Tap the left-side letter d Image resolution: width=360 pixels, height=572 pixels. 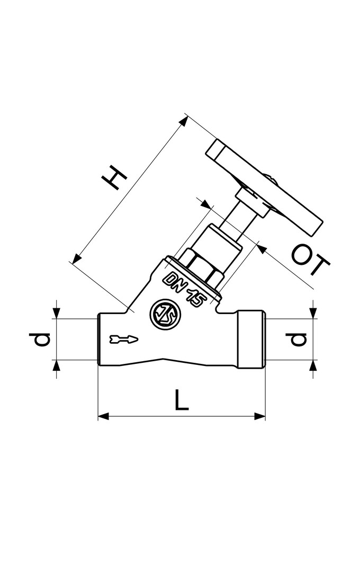[42, 339]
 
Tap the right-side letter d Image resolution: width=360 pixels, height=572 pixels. [299, 339]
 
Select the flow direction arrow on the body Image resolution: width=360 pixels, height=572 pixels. [124, 339]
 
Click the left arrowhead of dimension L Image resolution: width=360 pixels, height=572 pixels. [104, 416]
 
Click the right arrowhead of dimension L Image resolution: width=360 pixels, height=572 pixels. [259, 416]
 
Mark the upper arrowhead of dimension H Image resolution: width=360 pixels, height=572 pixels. [182, 121]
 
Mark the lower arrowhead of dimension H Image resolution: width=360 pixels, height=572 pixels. [76, 258]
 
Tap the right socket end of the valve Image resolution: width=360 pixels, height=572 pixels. [250, 339]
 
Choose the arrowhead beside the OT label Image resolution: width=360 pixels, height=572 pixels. [262, 249]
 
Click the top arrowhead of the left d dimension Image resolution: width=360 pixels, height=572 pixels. [56, 312]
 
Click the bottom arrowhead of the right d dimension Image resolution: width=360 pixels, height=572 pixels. [313, 366]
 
